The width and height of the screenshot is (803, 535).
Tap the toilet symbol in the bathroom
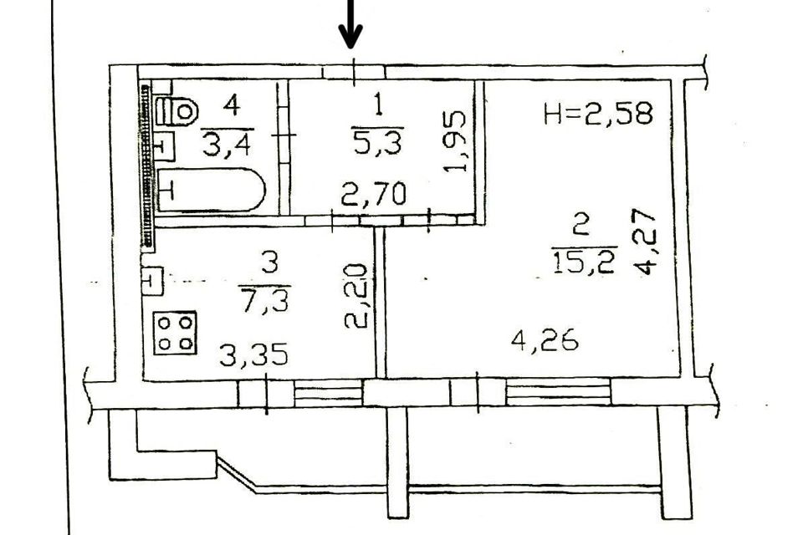(x=177, y=110)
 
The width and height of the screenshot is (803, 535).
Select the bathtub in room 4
(x=211, y=191)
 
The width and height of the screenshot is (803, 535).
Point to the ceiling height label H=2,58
(x=596, y=113)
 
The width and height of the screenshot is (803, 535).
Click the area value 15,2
(x=583, y=262)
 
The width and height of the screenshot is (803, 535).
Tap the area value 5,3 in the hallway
(x=378, y=143)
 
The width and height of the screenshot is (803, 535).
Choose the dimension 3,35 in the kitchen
(x=253, y=355)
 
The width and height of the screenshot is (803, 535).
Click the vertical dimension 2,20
(x=355, y=296)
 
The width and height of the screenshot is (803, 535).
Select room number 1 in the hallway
(x=378, y=106)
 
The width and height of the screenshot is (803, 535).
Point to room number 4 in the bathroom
(x=232, y=106)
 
